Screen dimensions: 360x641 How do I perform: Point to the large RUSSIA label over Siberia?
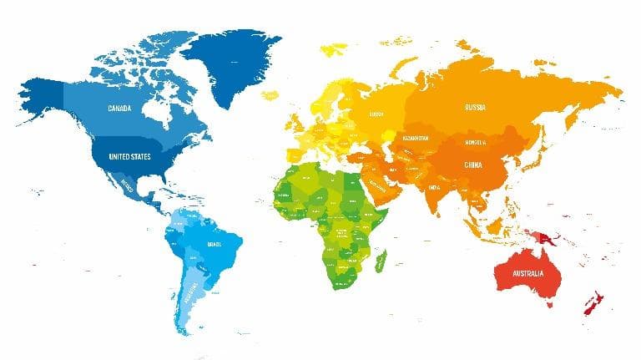pyautogui.click(x=476, y=107)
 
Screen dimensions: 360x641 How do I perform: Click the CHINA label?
pyautogui.click(x=472, y=165)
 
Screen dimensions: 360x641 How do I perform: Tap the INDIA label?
pyautogui.click(x=435, y=187)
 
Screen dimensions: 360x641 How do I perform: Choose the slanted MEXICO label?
pyautogui.click(x=127, y=184)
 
